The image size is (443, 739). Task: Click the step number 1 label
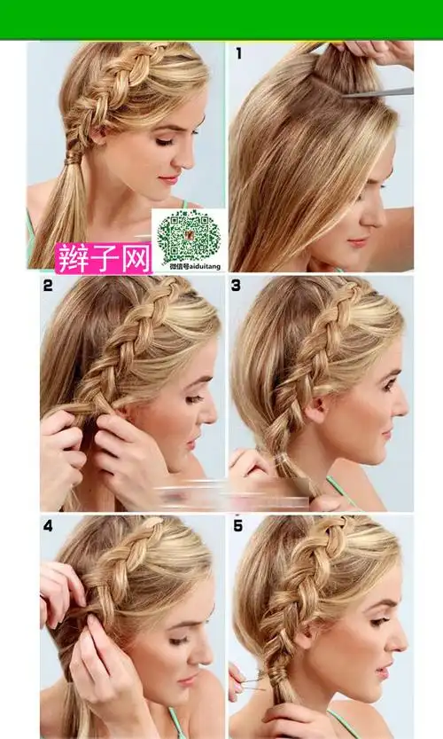(238, 54)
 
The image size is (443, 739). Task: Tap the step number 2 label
(47, 286)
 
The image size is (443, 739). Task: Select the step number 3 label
(237, 286)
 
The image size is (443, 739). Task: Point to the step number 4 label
(47, 525)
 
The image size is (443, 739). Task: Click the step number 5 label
(237, 525)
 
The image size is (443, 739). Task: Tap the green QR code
(188, 235)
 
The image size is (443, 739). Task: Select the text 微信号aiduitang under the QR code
(188, 265)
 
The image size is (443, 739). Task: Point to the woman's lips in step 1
(358, 241)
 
